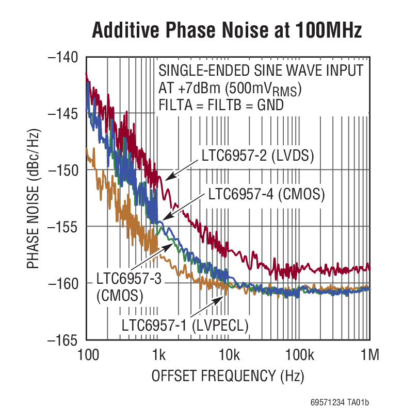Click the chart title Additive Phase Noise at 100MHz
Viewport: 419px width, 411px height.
(x=227, y=31)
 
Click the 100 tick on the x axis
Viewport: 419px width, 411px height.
(x=86, y=355)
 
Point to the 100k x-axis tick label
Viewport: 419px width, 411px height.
(x=298, y=355)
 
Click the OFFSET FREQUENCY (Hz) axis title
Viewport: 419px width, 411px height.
(x=228, y=376)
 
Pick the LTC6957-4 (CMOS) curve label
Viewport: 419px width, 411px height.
(x=266, y=194)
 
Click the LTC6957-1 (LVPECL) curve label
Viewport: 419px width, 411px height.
(x=185, y=326)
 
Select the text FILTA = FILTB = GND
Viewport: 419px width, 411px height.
(x=221, y=105)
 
